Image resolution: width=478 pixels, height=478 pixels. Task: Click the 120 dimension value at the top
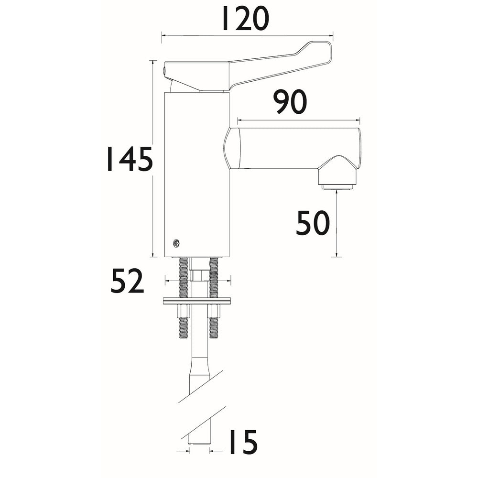[x=245, y=19]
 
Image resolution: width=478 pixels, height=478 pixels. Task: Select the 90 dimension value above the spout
[x=290, y=102]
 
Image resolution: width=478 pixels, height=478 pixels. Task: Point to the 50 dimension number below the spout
[x=313, y=223]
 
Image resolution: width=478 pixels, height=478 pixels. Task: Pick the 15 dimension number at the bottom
[x=241, y=443]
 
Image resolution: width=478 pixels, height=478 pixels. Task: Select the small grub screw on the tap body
[x=177, y=243]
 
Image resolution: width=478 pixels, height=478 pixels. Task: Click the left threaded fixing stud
[x=184, y=277]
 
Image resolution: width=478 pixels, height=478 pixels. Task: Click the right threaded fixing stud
[x=214, y=277]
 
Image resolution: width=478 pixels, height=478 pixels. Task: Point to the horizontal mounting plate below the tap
[x=197, y=301]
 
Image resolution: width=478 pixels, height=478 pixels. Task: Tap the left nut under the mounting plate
[x=184, y=311]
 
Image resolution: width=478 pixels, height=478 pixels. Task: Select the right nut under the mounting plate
[x=214, y=311]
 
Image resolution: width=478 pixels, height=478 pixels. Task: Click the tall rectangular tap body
[x=196, y=172]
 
